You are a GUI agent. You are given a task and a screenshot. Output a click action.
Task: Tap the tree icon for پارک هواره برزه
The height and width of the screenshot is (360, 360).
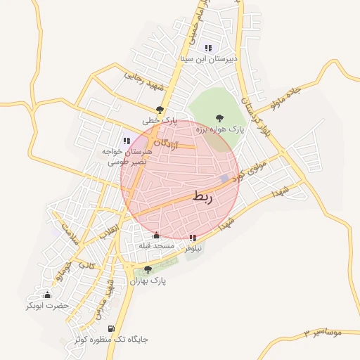(x=220, y=119)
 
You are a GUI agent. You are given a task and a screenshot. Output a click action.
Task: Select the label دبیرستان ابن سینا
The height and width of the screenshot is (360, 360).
(x=209, y=59)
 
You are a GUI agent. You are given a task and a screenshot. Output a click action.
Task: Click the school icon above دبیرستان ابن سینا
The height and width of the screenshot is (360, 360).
(x=208, y=48)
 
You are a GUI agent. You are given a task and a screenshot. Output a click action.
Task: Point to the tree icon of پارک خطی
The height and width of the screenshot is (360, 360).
(x=160, y=110)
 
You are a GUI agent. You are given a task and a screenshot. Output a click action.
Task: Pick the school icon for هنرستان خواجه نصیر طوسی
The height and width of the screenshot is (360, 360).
(x=127, y=141)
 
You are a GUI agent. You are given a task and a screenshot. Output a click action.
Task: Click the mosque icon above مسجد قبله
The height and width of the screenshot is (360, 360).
(x=156, y=235)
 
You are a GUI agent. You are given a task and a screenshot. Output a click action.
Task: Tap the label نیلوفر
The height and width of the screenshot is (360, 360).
(x=193, y=248)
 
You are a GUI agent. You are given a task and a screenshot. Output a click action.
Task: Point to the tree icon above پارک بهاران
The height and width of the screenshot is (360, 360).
(x=147, y=269)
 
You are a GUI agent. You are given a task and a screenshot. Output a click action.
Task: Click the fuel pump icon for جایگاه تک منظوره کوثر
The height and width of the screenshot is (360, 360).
(x=110, y=328)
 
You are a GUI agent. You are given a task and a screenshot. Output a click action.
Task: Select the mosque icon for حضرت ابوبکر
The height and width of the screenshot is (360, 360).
(x=48, y=295)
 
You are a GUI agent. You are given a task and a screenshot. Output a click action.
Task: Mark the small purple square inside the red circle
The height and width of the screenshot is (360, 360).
(x=224, y=179)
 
